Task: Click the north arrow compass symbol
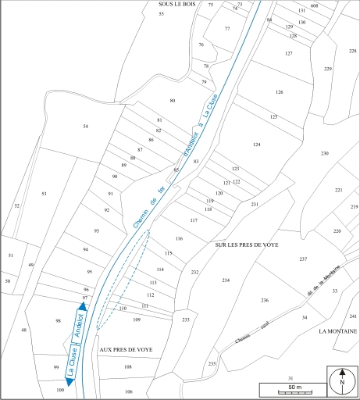click(342, 383)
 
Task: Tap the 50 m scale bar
click(290, 388)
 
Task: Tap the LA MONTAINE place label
click(337, 331)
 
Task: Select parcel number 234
click(226, 280)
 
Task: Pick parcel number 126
click(279, 92)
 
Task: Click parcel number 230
click(325, 153)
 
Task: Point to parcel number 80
click(173, 102)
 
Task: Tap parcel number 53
click(45, 193)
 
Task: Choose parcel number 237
click(303, 259)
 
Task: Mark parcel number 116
click(179, 238)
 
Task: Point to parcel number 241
click(353, 316)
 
